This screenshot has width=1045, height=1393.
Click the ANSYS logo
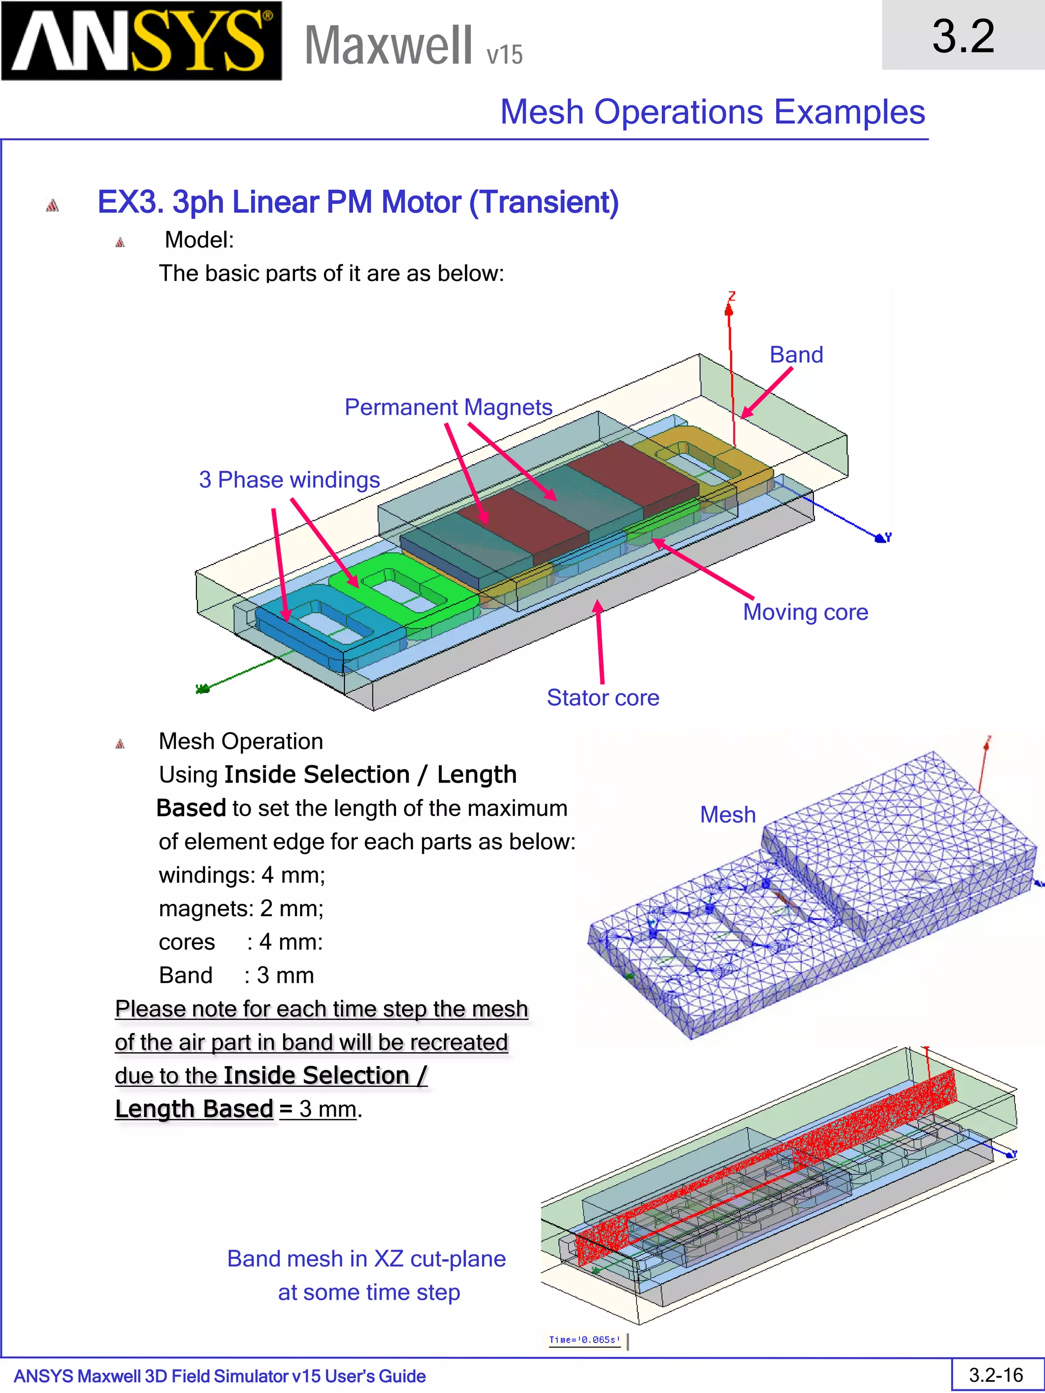(x=141, y=41)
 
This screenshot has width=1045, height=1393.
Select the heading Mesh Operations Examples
(x=712, y=112)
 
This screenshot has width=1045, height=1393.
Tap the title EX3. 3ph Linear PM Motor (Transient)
(x=358, y=202)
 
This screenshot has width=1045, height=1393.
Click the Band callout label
(x=796, y=354)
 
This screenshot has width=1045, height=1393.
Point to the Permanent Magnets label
(x=448, y=407)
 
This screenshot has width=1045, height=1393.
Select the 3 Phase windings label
(x=289, y=479)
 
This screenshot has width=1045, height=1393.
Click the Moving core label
(x=805, y=612)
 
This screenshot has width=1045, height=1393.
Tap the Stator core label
(x=603, y=697)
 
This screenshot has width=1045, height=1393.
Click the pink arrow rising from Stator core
(x=600, y=642)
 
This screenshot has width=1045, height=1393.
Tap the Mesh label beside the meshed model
(x=728, y=814)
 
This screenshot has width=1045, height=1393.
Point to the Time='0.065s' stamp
(x=584, y=1339)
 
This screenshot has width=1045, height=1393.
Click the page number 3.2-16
(x=996, y=1375)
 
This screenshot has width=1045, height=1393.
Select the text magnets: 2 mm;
(x=241, y=908)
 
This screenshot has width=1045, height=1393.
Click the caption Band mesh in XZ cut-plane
(x=366, y=1258)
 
